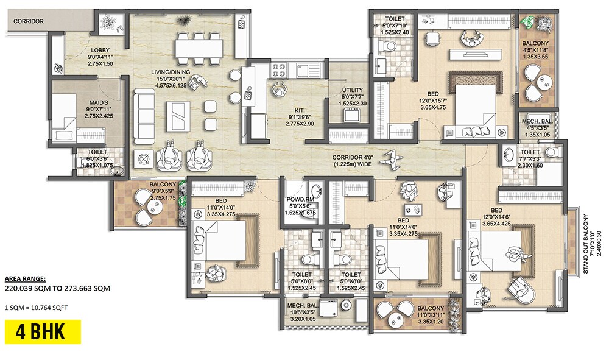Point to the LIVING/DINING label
pyautogui.click(x=171, y=72)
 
